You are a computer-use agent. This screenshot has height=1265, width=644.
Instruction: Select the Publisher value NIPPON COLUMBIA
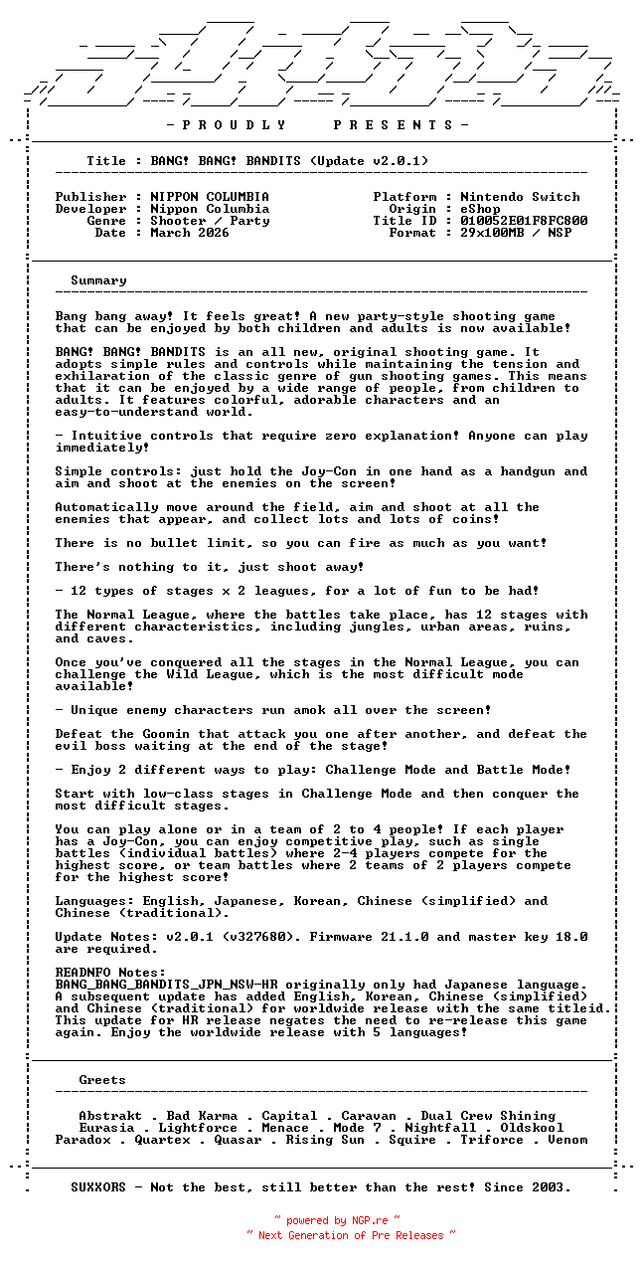coord(210,197)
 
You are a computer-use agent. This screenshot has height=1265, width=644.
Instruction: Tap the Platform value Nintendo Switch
coord(520,197)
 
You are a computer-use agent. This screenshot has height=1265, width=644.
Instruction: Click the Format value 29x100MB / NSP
coord(516,233)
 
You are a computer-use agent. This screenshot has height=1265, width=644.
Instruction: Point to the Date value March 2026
coord(190,233)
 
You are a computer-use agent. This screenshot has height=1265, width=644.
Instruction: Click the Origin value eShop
coord(480,209)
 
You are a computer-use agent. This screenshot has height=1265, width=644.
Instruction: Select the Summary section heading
coord(98,280)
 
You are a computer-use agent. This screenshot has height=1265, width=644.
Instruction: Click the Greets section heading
coord(102,1080)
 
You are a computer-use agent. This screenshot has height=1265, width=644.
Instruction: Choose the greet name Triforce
coord(492,1140)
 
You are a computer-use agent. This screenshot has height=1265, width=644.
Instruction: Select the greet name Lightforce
coord(198,1128)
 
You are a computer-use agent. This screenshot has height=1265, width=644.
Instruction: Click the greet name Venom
coord(567,1140)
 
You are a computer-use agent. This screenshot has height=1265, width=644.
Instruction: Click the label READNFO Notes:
coord(110,973)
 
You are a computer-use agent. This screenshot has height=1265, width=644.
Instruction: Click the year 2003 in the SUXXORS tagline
coord(552,1187)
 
